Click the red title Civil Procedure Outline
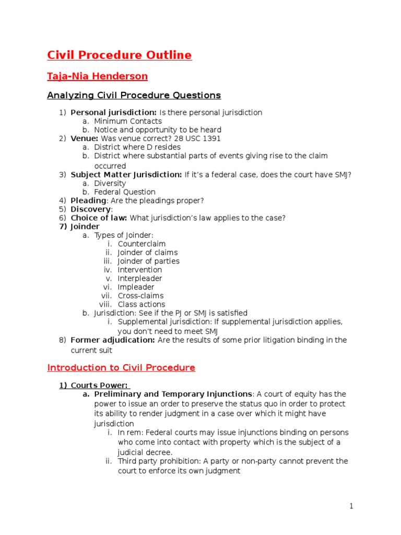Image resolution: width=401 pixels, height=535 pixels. pos(120,55)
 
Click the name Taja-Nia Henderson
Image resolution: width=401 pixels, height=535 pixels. pos(98,76)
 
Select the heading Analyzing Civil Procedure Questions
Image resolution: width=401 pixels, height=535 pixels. pos(134,95)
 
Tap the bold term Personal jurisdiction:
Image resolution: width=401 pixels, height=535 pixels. pos(113,112)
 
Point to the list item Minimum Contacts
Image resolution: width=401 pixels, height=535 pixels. pos(128,121)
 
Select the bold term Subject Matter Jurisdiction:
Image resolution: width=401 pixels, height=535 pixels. pos(126,175)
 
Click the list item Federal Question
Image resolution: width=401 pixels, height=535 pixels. pos(125,192)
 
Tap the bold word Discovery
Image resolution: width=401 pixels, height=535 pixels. pos(90,209)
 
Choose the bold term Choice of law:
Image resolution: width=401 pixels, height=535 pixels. pos(99,218)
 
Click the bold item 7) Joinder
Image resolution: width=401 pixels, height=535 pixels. pos(79,227)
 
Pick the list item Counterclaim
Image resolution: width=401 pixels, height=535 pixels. pos(141,244)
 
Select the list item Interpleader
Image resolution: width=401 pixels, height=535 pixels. pos(140,278)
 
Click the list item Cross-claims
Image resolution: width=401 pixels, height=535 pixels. pos(140,296)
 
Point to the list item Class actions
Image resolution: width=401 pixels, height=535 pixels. pos(141,304)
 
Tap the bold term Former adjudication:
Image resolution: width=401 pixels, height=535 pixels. pos(113,340)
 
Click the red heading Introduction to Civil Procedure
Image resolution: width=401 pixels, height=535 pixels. pos(121,367)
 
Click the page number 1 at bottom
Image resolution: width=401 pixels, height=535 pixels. pos(351,506)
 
